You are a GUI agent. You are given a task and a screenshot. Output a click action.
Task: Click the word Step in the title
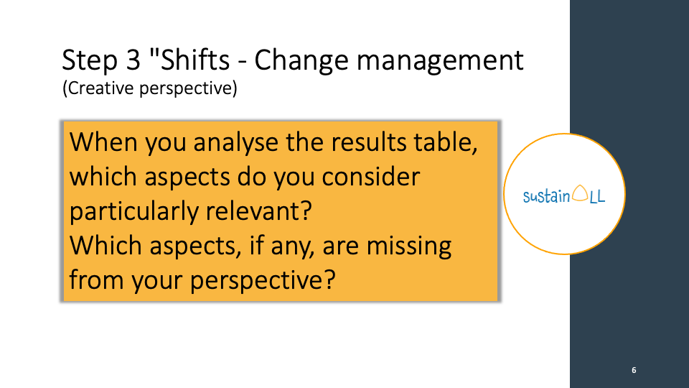90,60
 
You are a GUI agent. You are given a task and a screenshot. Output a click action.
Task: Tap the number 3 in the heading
133,60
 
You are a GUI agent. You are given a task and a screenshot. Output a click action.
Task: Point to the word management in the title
440,60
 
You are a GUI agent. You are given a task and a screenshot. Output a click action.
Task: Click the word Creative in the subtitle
98,88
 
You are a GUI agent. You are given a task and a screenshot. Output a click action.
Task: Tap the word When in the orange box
103,142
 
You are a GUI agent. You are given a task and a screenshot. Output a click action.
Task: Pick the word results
369,142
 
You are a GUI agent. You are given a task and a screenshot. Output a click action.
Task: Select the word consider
371,177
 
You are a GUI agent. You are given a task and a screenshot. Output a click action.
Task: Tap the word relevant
259,211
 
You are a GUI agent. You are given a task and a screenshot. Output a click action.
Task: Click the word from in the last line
97,280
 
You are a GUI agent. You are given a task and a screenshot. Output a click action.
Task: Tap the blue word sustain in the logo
547,196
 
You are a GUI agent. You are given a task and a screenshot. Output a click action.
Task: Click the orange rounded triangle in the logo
580,193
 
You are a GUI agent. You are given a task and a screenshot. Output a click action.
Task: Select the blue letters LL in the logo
597,197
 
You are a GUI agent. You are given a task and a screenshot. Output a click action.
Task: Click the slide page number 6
634,370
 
